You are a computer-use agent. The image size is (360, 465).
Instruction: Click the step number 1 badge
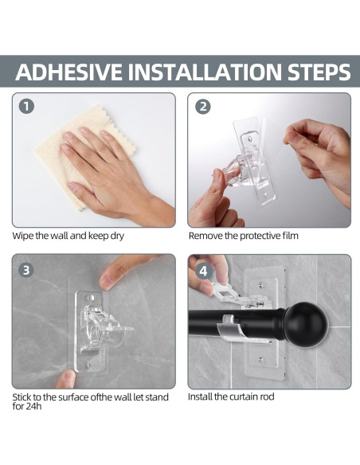pyautogui.click(x=27, y=107)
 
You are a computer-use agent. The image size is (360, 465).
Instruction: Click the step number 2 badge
pyautogui.click(x=203, y=107)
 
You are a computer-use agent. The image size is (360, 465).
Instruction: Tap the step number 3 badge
pyautogui.click(x=26, y=270)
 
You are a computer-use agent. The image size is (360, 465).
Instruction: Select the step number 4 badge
pyautogui.click(x=203, y=271)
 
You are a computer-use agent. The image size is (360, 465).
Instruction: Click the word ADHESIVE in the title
pyautogui.click(x=68, y=72)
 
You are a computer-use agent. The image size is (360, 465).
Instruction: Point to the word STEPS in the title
pyautogui.click(x=319, y=72)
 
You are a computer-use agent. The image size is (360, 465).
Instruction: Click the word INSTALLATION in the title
pyautogui.click(x=205, y=72)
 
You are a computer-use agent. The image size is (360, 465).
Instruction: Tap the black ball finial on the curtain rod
pyautogui.click(x=306, y=325)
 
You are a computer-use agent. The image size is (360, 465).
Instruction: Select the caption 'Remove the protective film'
pyautogui.click(x=244, y=236)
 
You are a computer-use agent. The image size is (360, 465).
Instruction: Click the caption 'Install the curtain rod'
pyautogui.click(x=231, y=397)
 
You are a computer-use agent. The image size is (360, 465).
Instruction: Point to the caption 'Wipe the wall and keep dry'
pyautogui.click(x=68, y=236)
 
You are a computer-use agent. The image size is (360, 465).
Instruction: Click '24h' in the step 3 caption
pyautogui.click(x=33, y=406)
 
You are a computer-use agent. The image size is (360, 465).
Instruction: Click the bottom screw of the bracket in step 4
pyautogui.click(x=260, y=359)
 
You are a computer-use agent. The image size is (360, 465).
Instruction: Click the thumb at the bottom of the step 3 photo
pyautogui.click(x=66, y=379)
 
